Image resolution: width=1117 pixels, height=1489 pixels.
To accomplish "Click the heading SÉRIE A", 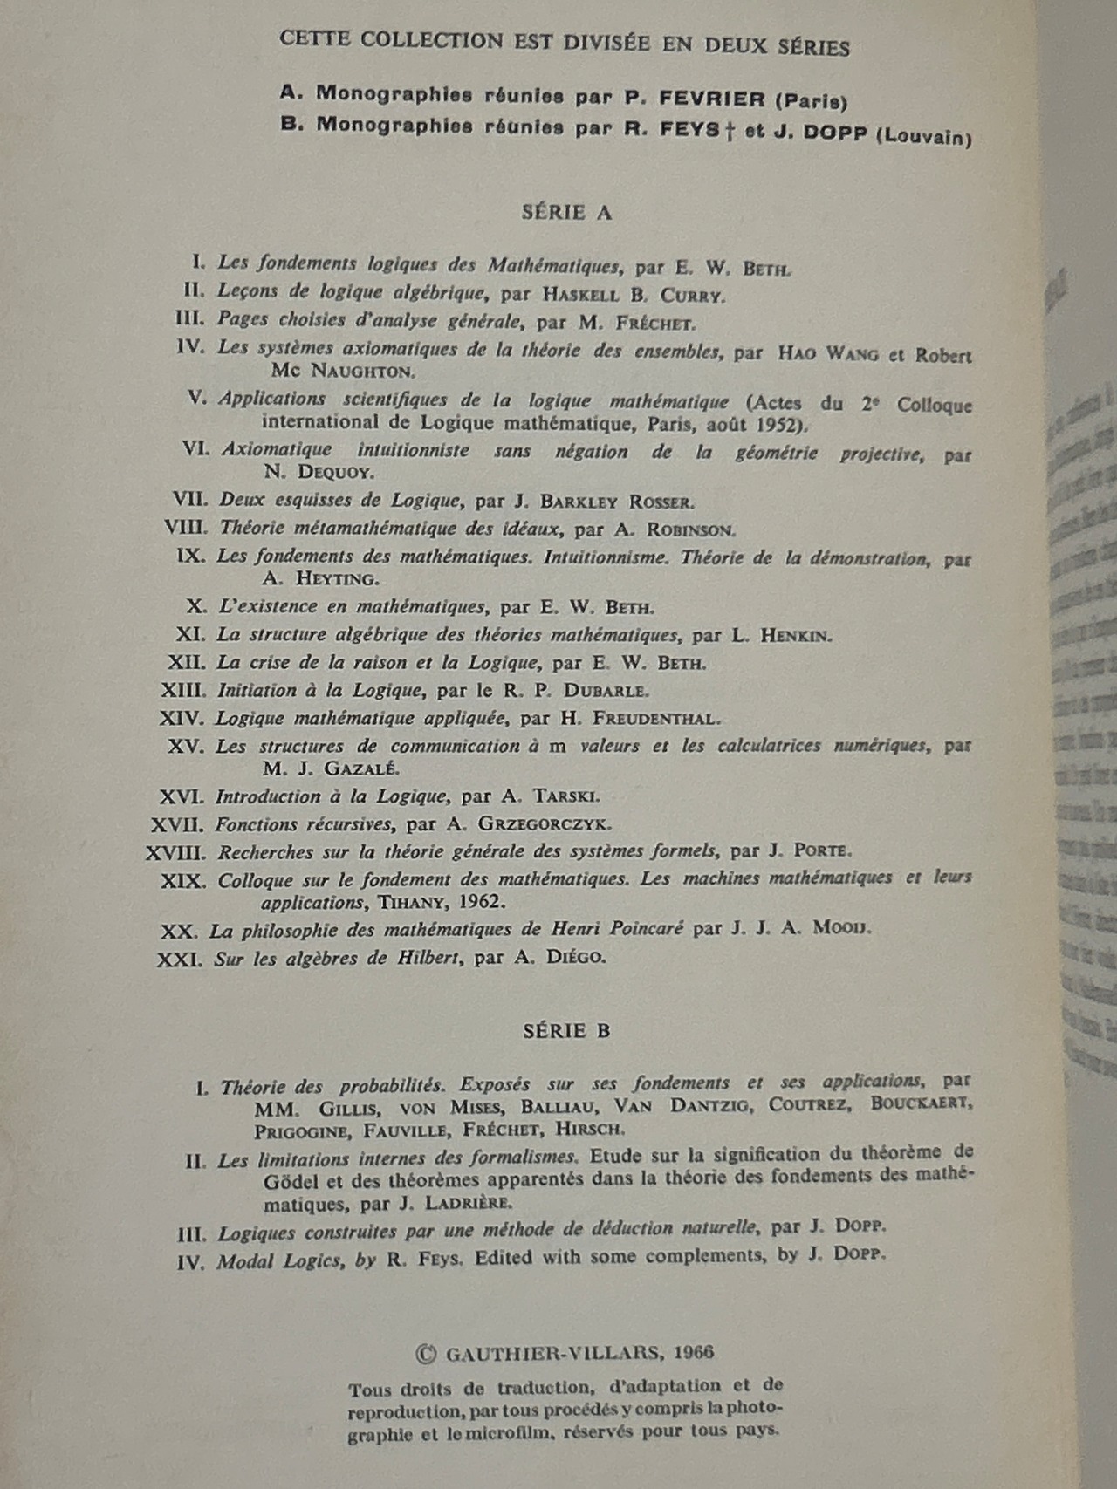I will [566, 212].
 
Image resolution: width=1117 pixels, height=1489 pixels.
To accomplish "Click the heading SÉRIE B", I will [566, 1030].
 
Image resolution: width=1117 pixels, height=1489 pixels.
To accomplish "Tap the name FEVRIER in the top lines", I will [695, 99].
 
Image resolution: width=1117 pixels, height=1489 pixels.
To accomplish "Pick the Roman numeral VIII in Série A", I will [186, 528].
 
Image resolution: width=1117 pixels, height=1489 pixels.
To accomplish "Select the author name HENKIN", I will [796, 636].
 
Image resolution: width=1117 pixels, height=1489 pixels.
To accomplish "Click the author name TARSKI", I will [566, 796].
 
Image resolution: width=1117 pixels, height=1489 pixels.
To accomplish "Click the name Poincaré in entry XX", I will [643, 928].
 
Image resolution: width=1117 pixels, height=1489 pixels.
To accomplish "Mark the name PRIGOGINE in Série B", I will [303, 1131].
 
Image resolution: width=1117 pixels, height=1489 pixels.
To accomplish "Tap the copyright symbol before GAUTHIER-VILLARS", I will [425, 1354].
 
